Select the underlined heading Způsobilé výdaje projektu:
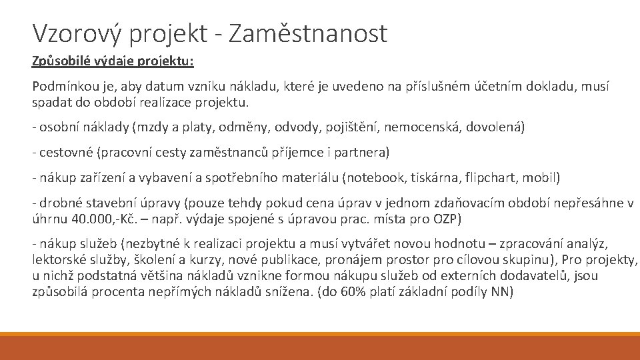click(x=113, y=61)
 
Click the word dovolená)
click(x=496, y=127)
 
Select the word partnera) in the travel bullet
click(x=364, y=153)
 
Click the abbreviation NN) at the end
click(x=501, y=291)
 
